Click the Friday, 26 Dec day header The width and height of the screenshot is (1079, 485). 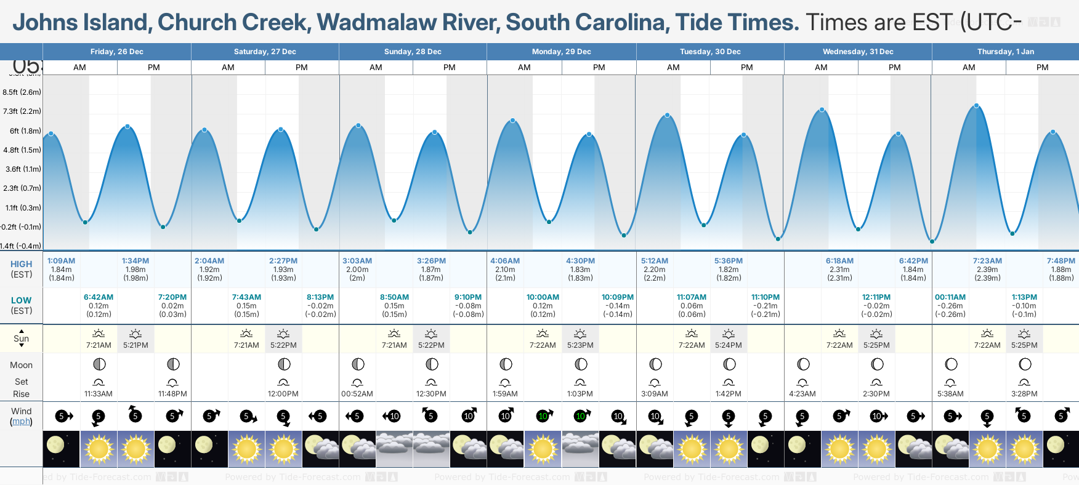point(117,52)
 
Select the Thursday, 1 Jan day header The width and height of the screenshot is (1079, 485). point(1005,52)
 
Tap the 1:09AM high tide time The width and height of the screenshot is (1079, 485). point(61,261)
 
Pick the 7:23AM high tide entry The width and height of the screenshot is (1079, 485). point(987,261)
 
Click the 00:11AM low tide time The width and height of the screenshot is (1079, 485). point(950,297)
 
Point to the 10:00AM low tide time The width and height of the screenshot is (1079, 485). point(543,297)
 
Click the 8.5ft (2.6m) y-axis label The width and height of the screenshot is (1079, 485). point(22,92)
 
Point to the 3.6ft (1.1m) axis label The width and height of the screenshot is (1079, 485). point(23,169)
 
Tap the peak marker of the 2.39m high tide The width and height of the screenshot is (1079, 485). point(976,106)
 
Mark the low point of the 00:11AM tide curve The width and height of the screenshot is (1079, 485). point(932,241)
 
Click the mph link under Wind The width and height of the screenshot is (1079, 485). point(22,422)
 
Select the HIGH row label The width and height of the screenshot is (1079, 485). point(22,264)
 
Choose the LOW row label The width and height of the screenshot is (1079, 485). point(22,300)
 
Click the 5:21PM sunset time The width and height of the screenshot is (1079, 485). point(135,345)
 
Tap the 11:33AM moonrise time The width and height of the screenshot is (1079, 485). point(99,394)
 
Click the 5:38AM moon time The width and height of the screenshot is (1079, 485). point(950,394)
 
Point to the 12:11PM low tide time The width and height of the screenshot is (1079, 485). point(876,297)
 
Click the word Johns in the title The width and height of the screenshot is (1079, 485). point(47,22)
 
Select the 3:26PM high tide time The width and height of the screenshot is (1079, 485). point(431,261)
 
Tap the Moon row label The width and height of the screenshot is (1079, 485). point(22,365)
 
